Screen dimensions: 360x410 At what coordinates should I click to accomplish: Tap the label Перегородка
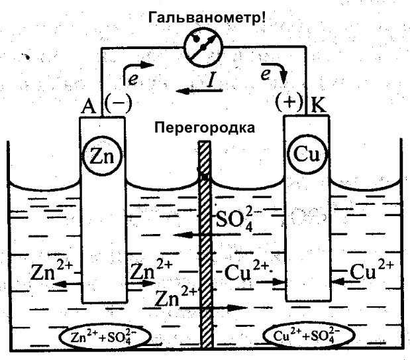tap(205, 126)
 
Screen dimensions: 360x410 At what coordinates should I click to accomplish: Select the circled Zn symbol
tap(101, 157)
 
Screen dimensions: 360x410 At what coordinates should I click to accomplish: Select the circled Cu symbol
tap(306, 157)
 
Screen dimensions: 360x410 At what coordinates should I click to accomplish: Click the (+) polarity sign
tap(290, 103)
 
